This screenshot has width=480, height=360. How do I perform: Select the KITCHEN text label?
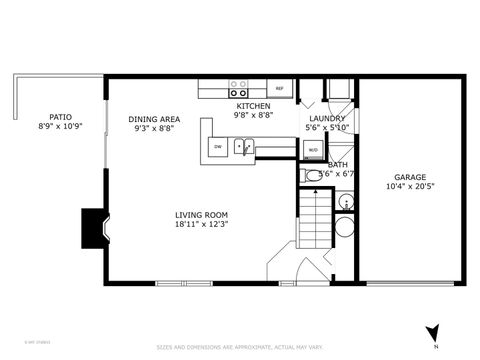click(252, 106)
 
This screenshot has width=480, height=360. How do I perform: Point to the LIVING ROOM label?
click(202, 214)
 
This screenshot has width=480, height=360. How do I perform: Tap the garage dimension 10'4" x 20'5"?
click(410, 186)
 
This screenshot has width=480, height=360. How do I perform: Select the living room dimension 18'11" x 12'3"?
click(202, 224)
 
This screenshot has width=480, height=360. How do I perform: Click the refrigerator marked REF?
click(280, 89)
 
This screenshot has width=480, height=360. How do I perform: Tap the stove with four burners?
click(239, 88)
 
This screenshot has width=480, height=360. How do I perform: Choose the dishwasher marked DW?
click(217, 147)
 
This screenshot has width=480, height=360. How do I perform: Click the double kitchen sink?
click(243, 147)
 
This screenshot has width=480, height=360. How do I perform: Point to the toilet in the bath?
click(312, 175)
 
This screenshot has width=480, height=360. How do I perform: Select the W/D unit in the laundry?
click(313, 150)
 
